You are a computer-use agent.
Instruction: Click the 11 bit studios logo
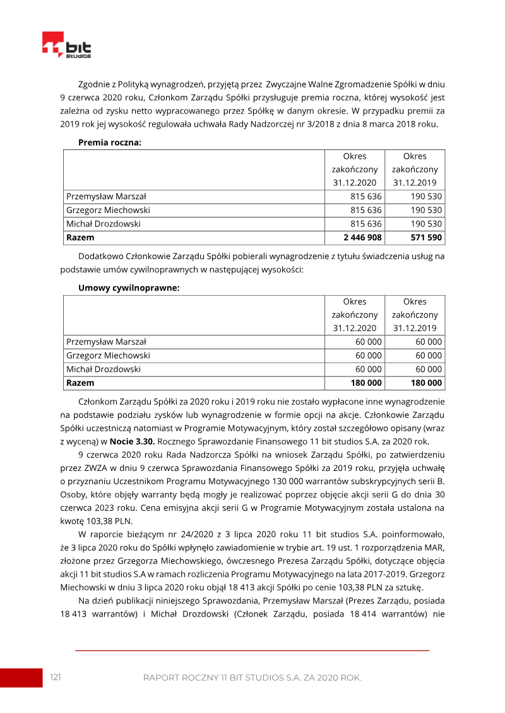66,45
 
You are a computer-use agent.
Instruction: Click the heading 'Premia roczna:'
109,142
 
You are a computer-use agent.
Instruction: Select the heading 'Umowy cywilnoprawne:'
129,288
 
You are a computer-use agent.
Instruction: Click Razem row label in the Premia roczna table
80,238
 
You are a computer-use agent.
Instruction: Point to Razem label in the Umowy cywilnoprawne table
80,383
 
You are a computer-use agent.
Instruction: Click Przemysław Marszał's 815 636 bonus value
366,197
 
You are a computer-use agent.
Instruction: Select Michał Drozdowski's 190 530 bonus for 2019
427,224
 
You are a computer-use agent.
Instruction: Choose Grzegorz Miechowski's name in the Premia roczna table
108,211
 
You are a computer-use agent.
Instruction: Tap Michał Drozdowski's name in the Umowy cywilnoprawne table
104,369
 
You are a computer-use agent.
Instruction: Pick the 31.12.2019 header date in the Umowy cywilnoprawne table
415,328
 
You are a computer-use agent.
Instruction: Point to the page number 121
56,677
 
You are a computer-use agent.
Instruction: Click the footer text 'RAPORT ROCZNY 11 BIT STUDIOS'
208,678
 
